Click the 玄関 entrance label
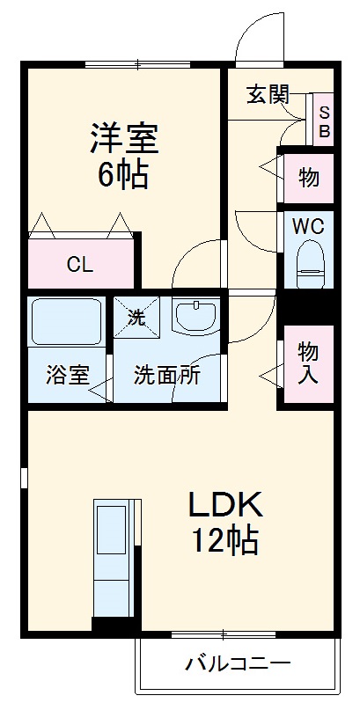pyautogui.click(x=268, y=95)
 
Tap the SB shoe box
pyautogui.click(x=323, y=121)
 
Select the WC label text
pyautogui.click(x=308, y=225)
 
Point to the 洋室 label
pyautogui.click(x=122, y=139)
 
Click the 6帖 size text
pyautogui.click(x=122, y=175)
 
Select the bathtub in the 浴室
pyautogui.click(x=67, y=321)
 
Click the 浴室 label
pyautogui.click(x=67, y=375)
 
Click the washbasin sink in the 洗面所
pyautogui.click(x=195, y=317)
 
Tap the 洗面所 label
pyautogui.click(x=167, y=375)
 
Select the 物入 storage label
pyautogui.click(x=308, y=363)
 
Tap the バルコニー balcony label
pyautogui.click(x=237, y=662)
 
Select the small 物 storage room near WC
pyautogui.click(x=308, y=178)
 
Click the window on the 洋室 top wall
pyautogui.click(x=139, y=63)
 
